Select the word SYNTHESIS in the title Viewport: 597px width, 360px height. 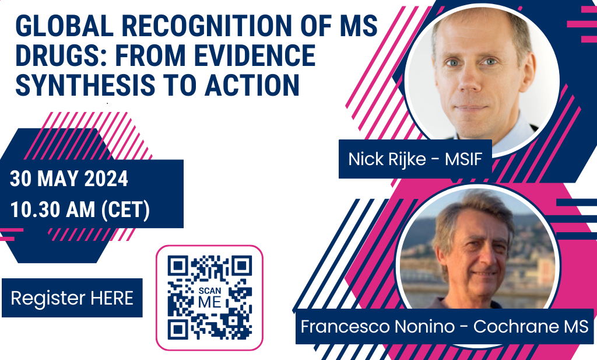pos(85,85)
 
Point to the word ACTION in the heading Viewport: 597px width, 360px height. pos(252,85)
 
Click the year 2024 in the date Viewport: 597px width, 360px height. pos(106,179)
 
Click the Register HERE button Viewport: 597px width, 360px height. pos(72,298)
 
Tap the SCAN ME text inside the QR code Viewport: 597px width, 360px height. pos(210,298)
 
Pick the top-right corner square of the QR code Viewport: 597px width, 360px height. pos(242,265)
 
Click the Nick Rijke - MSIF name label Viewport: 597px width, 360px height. pos(415,159)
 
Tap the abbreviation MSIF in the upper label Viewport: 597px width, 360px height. pos(463,159)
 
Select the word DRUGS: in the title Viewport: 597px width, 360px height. pos(62,55)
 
